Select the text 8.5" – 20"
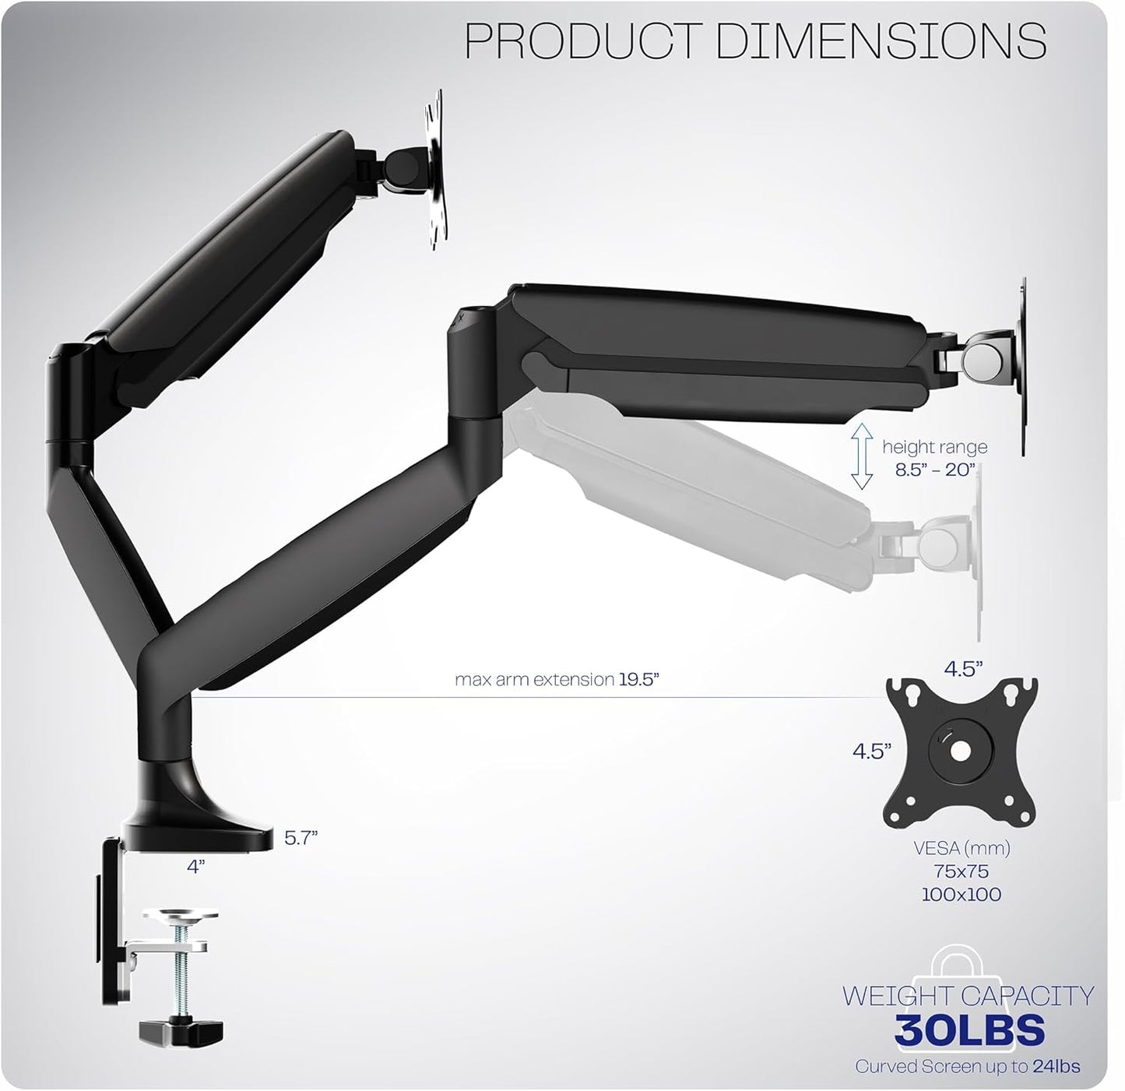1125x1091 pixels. coord(935,471)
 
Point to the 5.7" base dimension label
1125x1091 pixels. coord(301,838)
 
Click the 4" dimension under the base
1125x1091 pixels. coord(195,866)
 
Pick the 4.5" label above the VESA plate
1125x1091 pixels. coord(963,669)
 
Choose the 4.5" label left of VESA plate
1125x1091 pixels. coord(872,751)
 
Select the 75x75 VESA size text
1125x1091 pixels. coord(962,871)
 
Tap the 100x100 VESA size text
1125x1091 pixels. coord(962,895)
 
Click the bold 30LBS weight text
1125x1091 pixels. coord(969,1029)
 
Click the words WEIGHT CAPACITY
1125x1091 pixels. coord(968,996)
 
